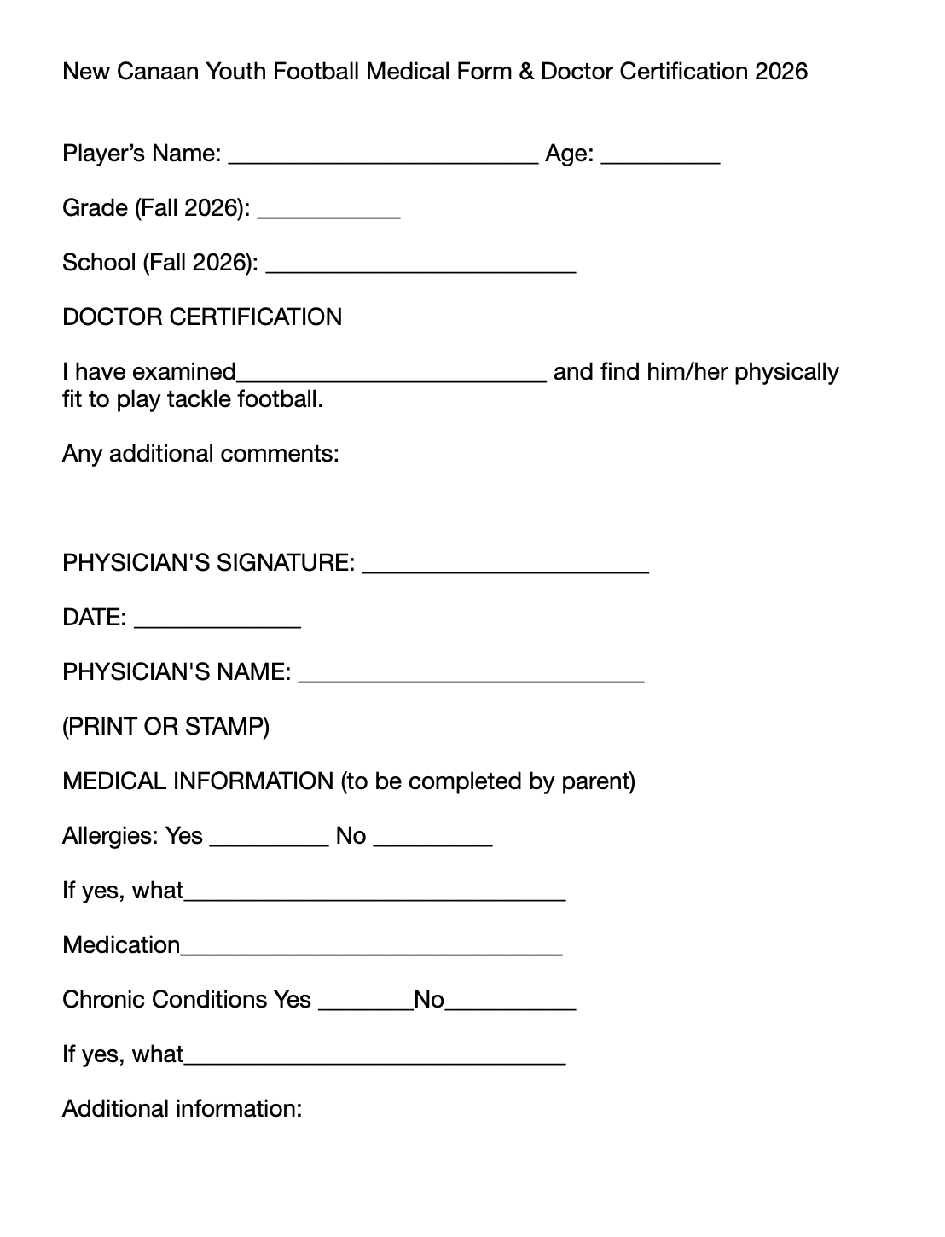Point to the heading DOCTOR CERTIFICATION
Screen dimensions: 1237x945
point(202,317)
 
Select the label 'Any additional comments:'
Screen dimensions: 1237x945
point(200,454)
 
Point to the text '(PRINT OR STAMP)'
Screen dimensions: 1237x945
point(165,727)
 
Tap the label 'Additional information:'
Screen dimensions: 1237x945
point(182,1109)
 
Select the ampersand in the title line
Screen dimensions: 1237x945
point(525,72)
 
